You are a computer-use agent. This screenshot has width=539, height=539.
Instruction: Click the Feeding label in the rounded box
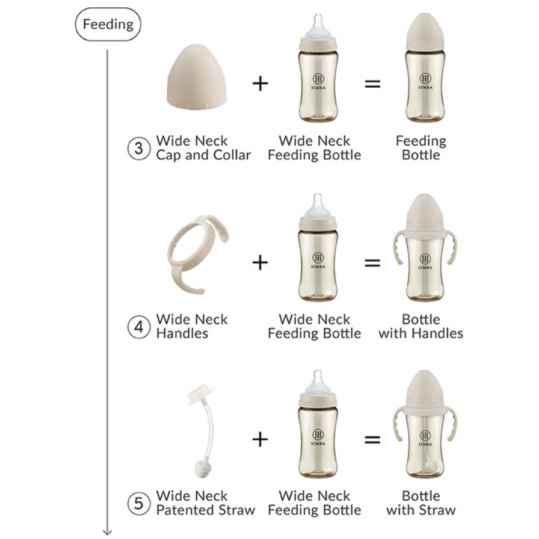[x=108, y=25]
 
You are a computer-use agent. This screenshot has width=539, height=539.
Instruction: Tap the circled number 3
[x=138, y=148]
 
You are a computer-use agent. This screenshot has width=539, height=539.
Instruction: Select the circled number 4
[x=138, y=327]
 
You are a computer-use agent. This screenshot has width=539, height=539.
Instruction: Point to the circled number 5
[x=138, y=504]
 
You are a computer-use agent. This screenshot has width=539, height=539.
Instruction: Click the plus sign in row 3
[x=260, y=84]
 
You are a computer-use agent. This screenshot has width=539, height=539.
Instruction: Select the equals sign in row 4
[x=372, y=263]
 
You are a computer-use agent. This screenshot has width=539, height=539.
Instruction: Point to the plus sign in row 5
[x=260, y=439]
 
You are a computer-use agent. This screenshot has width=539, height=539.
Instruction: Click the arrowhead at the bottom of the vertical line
[x=107, y=532]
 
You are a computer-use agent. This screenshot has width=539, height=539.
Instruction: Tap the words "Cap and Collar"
[x=203, y=155]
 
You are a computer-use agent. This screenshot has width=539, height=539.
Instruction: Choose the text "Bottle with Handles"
[x=421, y=327]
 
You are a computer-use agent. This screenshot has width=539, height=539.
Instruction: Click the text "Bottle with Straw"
[x=421, y=503]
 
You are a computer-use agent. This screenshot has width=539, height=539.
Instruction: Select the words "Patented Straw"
[x=206, y=510]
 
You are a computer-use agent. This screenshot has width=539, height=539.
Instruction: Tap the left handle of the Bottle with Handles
[x=399, y=247]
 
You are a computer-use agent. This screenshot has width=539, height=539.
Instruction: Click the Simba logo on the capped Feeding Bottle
[x=425, y=81]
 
